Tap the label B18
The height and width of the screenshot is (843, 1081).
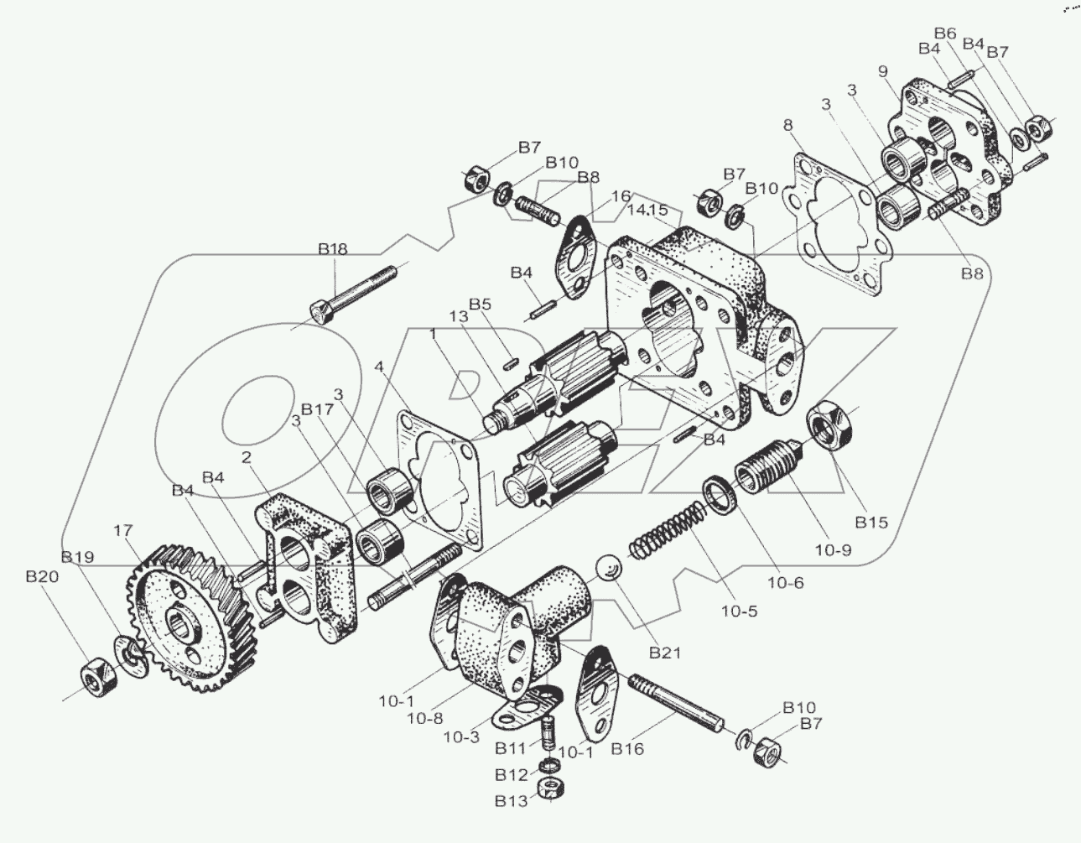click(x=332, y=248)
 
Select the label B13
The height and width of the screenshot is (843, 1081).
click(x=511, y=800)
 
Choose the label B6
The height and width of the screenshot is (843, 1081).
click(x=945, y=33)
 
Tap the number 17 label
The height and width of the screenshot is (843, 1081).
click(x=123, y=530)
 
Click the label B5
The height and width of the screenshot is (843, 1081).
click(x=481, y=304)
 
